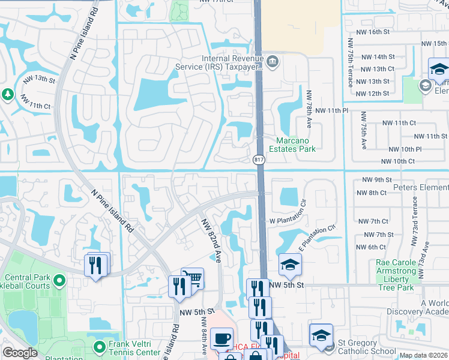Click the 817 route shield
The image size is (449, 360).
(x=259, y=159)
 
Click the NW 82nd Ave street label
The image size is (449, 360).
(x=210, y=239)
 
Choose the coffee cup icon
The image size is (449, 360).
(x=221, y=338)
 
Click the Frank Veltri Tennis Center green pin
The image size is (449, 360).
(x=100, y=346)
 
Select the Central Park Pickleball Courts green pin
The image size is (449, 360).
(x=59, y=280)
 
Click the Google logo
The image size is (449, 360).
(x=20, y=353)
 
